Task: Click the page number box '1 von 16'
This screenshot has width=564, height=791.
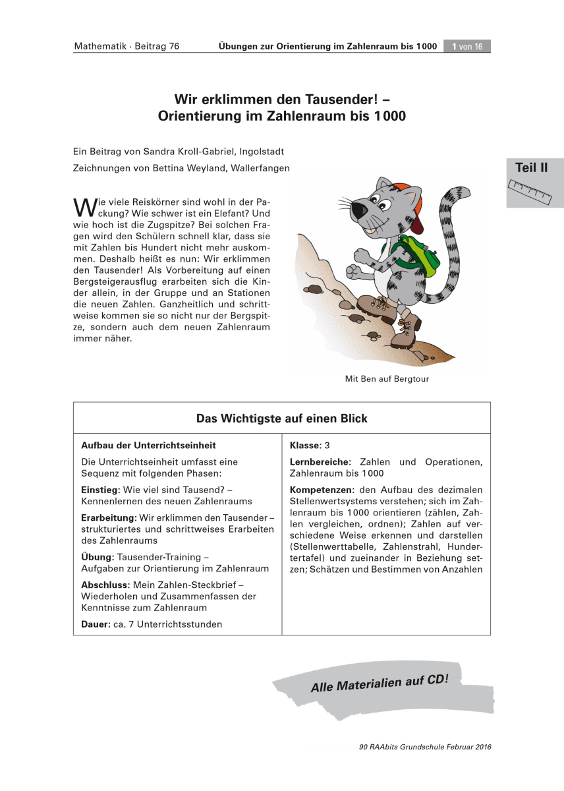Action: click(467, 46)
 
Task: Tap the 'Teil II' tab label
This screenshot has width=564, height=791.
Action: click(531, 168)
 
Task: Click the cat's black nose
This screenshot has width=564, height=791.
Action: click(358, 210)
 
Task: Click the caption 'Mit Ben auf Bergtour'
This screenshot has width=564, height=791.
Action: click(387, 379)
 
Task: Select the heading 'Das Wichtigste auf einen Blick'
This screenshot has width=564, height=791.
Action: click(282, 419)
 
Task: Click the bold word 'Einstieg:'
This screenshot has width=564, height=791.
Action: click(101, 490)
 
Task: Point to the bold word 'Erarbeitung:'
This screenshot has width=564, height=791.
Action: click(109, 517)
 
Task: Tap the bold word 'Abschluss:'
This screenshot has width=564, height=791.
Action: click(105, 585)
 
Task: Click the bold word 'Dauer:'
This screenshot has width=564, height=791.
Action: click(96, 624)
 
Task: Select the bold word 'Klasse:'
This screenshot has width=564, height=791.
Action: click(305, 446)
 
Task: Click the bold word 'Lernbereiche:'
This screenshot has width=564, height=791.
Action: click(321, 462)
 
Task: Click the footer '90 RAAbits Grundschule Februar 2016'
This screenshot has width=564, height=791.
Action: click(426, 747)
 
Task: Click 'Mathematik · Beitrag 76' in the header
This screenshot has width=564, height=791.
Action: click(127, 46)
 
